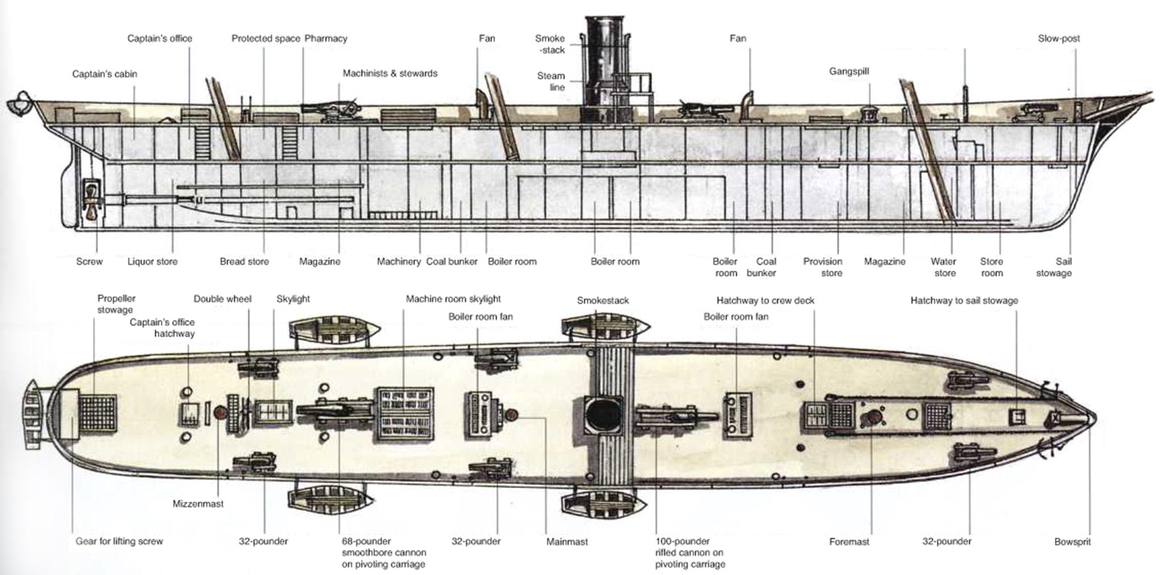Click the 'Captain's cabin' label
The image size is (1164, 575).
click(105, 74)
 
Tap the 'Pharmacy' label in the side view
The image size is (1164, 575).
click(326, 39)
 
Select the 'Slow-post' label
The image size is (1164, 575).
click(1058, 39)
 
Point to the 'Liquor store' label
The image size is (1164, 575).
click(152, 262)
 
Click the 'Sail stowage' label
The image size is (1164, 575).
click(1054, 267)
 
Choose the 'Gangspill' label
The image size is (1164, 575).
click(849, 72)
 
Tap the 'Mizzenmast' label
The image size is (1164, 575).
click(198, 504)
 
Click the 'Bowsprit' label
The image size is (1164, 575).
click(1072, 542)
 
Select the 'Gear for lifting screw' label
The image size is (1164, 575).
click(119, 541)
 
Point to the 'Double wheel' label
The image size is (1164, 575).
click(222, 299)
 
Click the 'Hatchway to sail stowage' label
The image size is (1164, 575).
click(964, 300)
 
